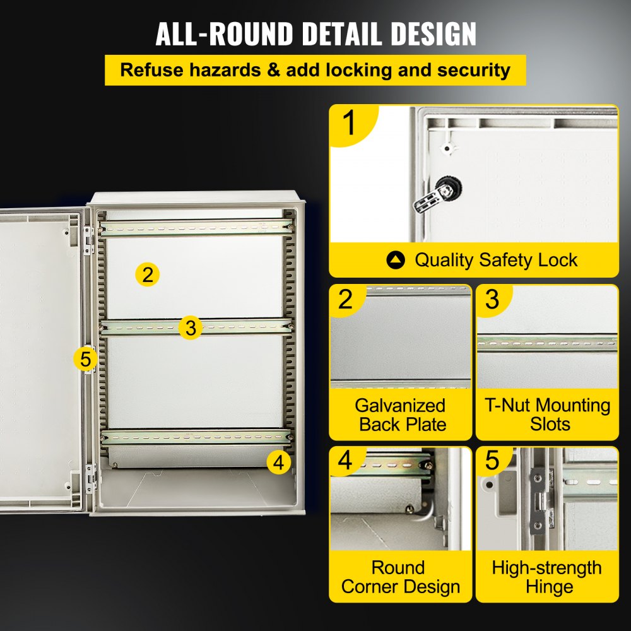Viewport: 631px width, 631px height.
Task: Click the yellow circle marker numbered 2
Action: (x=147, y=274)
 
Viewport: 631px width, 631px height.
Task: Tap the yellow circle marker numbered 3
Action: (x=191, y=327)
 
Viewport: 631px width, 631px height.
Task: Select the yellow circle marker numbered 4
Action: (x=279, y=463)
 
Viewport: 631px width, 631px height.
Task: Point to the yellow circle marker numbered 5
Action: (x=86, y=359)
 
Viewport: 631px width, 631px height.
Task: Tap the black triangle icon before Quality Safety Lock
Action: (x=396, y=260)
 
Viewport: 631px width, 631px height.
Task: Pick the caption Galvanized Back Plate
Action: (x=400, y=415)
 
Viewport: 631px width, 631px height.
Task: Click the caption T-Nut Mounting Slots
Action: (x=547, y=415)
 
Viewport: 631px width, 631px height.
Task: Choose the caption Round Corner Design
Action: (x=400, y=577)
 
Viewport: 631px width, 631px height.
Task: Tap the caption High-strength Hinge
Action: (x=547, y=577)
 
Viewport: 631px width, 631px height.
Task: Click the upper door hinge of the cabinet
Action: (x=90, y=240)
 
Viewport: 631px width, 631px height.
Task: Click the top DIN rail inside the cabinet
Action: (x=196, y=227)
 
